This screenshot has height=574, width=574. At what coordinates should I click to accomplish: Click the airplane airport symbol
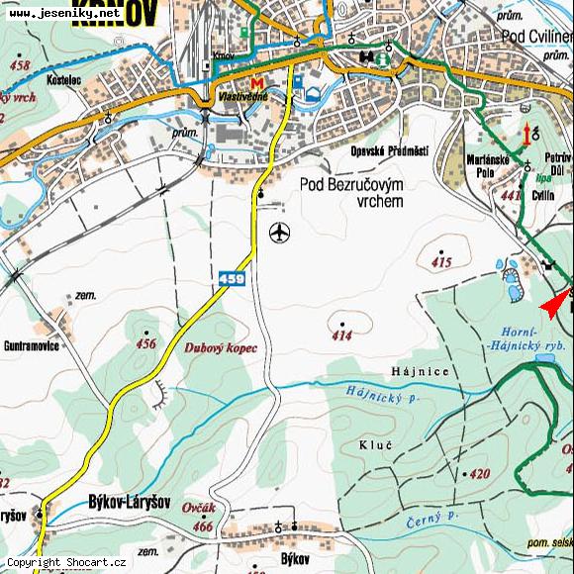pyautogui.click(x=280, y=234)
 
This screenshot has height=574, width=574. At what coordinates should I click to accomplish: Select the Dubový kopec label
pyautogui.click(x=221, y=348)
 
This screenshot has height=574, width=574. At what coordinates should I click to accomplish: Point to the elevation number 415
pyautogui.click(x=441, y=262)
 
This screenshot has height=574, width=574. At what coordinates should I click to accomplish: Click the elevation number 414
pyautogui.click(x=341, y=336)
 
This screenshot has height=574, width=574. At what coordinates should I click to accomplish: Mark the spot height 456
pyautogui.click(x=146, y=343)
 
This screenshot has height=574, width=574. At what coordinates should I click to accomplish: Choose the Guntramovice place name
pyautogui.click(x=31, y=346)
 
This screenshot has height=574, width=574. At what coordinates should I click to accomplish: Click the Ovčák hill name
pyautogui.click(x=199, y=507)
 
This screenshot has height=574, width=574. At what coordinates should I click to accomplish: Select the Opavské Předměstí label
pyautogui.click(x=389, y=150)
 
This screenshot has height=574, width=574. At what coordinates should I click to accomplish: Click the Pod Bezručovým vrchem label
pyautogui.click(x=352, y=193)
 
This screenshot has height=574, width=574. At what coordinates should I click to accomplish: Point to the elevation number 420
pyautogui.click(x=480, y=474)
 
